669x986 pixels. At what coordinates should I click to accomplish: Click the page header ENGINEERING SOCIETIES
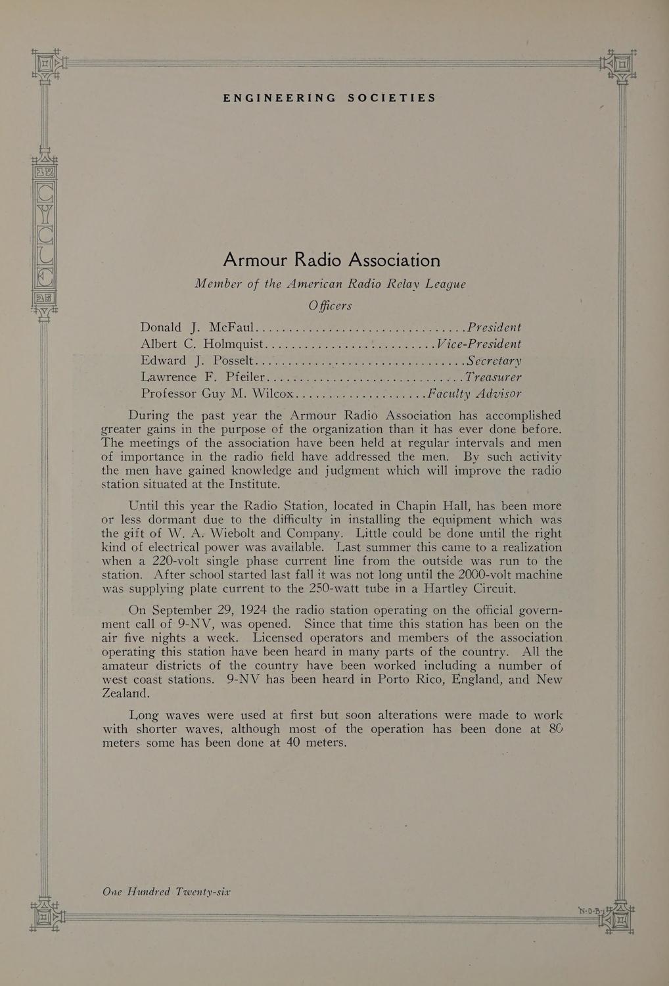[329, 98]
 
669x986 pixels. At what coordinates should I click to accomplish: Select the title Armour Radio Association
[331, 260]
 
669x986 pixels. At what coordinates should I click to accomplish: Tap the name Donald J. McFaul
[197, 327]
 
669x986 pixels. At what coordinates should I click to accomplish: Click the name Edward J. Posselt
[196, 360]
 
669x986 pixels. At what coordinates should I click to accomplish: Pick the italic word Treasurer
[493, 377]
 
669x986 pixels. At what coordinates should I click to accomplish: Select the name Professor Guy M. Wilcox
[218, 394]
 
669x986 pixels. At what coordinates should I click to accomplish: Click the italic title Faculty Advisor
[474, 394]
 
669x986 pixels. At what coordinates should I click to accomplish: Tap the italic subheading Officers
[331, 306]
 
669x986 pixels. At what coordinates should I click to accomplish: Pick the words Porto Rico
[408, 680]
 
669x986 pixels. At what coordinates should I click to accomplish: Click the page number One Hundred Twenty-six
[167, 892]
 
